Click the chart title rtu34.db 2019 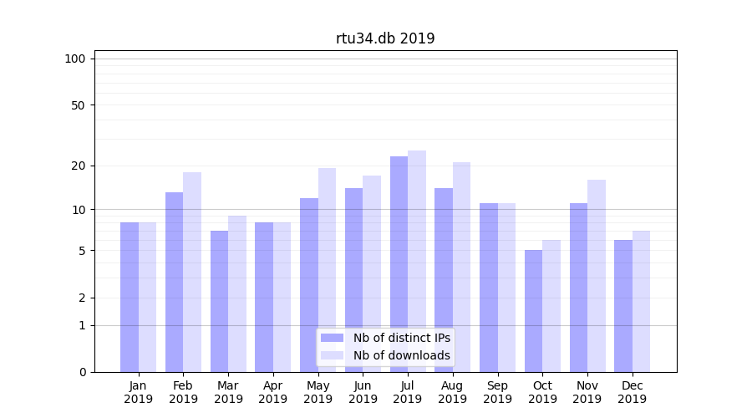[385, 38]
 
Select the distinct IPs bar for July [399, 264]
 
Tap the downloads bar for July [417, 261]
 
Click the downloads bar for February [192, 272]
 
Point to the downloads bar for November [597, 276]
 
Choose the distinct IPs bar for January [130, 297]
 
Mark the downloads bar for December [641, 301]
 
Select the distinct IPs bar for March [219, 301]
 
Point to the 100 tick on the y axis [75, 59]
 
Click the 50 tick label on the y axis [78, 105]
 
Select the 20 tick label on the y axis [78, 166]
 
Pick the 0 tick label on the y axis [82, 372]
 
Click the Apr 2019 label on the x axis [273, 392]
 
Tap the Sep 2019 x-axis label [497, 392]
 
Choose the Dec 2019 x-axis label [632, 392]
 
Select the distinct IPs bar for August [444, 280]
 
